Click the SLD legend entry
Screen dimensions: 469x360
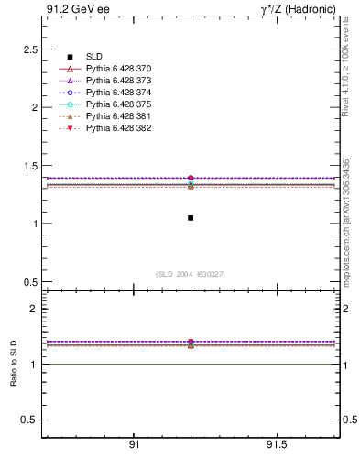[94, 57]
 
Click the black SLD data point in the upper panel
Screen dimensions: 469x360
[191, 218]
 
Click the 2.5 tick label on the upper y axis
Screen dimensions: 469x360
[29, 49]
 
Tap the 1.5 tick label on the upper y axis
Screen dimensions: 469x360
[29, 166]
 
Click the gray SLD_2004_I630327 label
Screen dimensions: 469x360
[191, 274]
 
